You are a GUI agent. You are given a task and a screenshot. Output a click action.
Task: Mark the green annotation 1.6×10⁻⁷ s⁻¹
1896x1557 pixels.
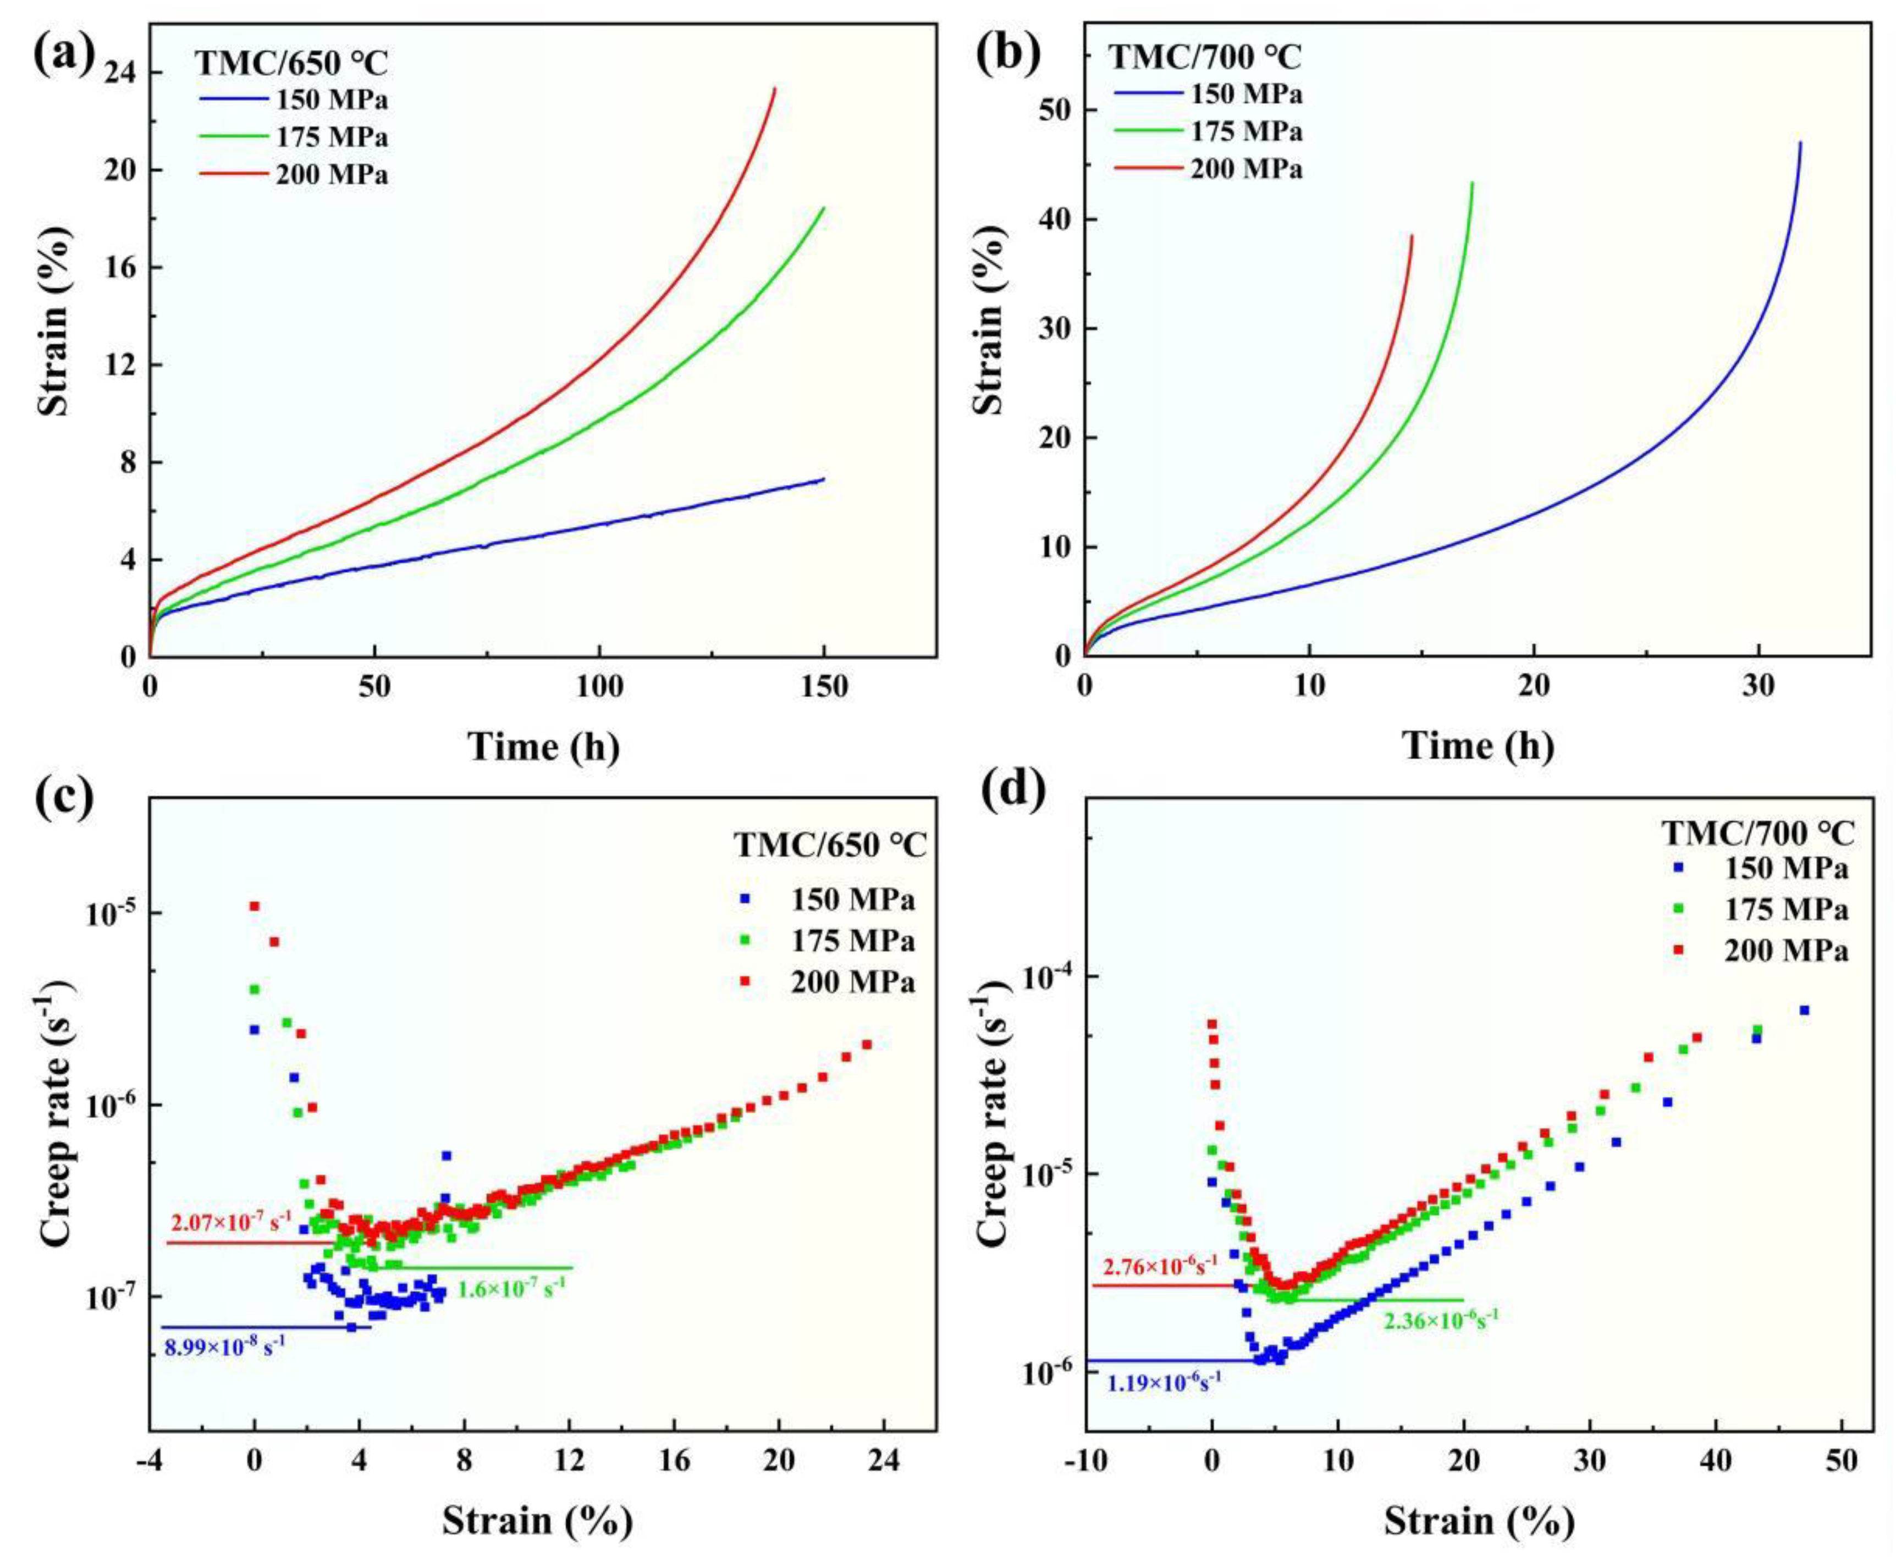coord(511,1289)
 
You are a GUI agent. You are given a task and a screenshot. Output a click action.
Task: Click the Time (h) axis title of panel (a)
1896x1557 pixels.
coord(543,746)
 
